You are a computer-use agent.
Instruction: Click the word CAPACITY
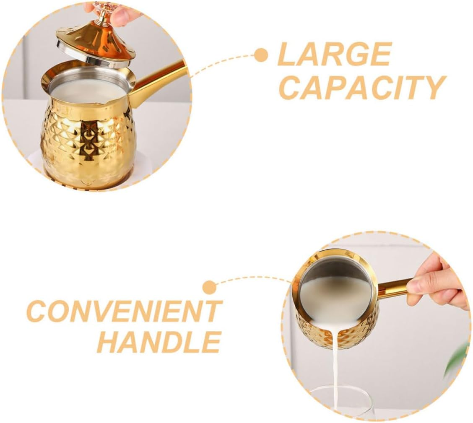pos(361,88)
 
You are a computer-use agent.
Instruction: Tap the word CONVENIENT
pos(124,311)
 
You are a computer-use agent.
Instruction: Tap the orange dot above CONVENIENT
pos(209,288)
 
